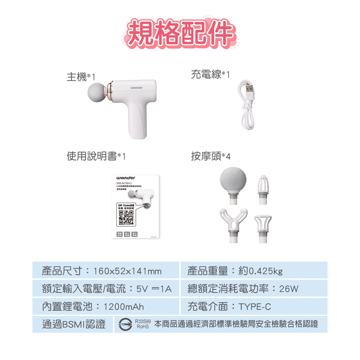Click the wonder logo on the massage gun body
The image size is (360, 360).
[x=136, y=88]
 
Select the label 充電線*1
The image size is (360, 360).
[x=210, y=75]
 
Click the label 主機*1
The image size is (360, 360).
[x=81, y=77]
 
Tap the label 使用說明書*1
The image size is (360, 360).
[x=96, y=156]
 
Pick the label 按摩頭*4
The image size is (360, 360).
[x=211, y=156]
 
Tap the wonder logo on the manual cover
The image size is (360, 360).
[x=126, y=178]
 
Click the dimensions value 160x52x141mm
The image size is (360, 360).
[x=127, y=271]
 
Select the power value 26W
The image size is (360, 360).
[x=289, y=289]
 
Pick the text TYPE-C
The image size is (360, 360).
[x=255, y=307]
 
